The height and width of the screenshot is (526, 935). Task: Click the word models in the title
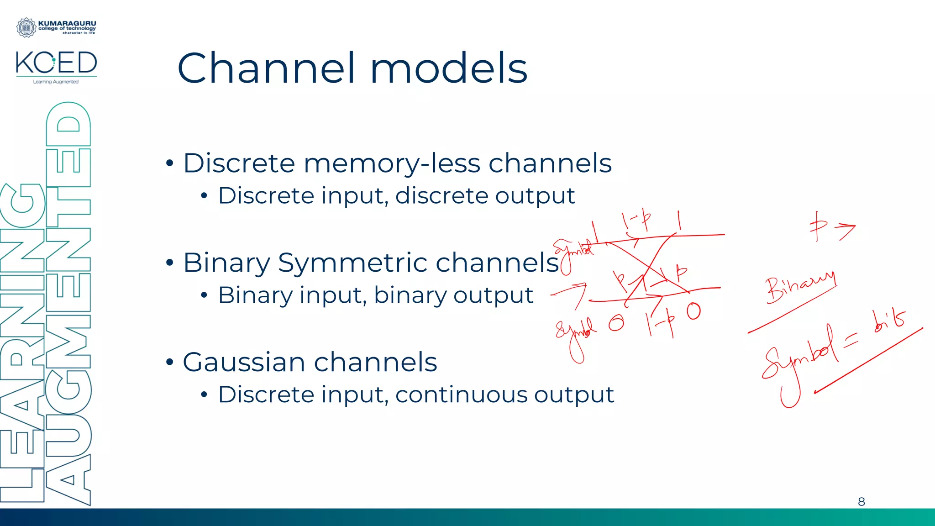(x=448, y=68)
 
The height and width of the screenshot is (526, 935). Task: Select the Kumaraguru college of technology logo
(x=56, y=27)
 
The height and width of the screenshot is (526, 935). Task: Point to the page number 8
(x=861, y=502)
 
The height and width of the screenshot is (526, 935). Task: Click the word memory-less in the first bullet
(x=392, y=163)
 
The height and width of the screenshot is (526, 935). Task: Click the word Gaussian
(x=244, y=362)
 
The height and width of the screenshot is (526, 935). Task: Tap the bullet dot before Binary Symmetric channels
(x=170, y=263)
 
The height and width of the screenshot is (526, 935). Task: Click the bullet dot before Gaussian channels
(x=170, y=363)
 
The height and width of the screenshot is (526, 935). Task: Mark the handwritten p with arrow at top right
(x=831, y=226)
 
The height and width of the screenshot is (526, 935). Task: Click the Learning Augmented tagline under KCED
(x=56, y=82)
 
